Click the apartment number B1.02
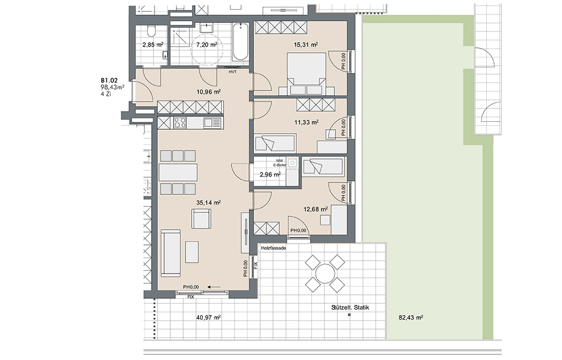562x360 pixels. point(110,81)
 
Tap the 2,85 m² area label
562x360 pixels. point(153,45)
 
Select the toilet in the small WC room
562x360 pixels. point(151,31)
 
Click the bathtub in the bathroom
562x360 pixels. point(240,42)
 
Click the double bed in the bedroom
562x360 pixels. point(306,74)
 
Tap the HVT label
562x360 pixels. point(233,72)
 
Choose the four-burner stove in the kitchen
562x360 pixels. point(180,123)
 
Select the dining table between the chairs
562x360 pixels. point(178,172)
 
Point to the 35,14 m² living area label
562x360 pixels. point(209,202)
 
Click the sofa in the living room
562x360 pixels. point(171,253)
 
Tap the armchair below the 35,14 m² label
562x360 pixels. point(201,218)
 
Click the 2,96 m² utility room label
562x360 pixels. point(270,175)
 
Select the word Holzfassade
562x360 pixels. point(274,248)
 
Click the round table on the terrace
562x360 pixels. point(325,274)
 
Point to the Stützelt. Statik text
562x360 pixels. point(350,307)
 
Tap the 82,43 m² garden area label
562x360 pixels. point(411,317)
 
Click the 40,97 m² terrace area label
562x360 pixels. point(209,317)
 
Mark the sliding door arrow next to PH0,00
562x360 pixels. point(214,286)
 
